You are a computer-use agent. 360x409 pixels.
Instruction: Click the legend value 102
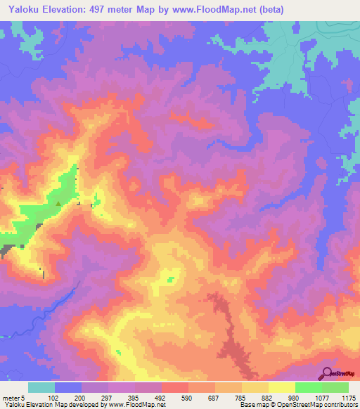click(x=54, y=396)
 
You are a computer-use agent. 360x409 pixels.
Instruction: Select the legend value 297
click(x=107, y=396)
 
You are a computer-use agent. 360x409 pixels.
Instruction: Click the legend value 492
click(x=160, y=396)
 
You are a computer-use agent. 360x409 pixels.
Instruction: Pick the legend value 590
click(x=187, y=396)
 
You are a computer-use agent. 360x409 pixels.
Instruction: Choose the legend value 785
click(x=240, y=396)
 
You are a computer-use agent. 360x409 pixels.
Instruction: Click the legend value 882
click(x=267, y=396)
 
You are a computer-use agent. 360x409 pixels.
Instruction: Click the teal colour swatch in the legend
click(x=41, y=387)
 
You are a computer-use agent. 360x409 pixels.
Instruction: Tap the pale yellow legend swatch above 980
click(x=281, y=387)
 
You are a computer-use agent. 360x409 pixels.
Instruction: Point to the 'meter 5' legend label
click(x=15, y=396)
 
